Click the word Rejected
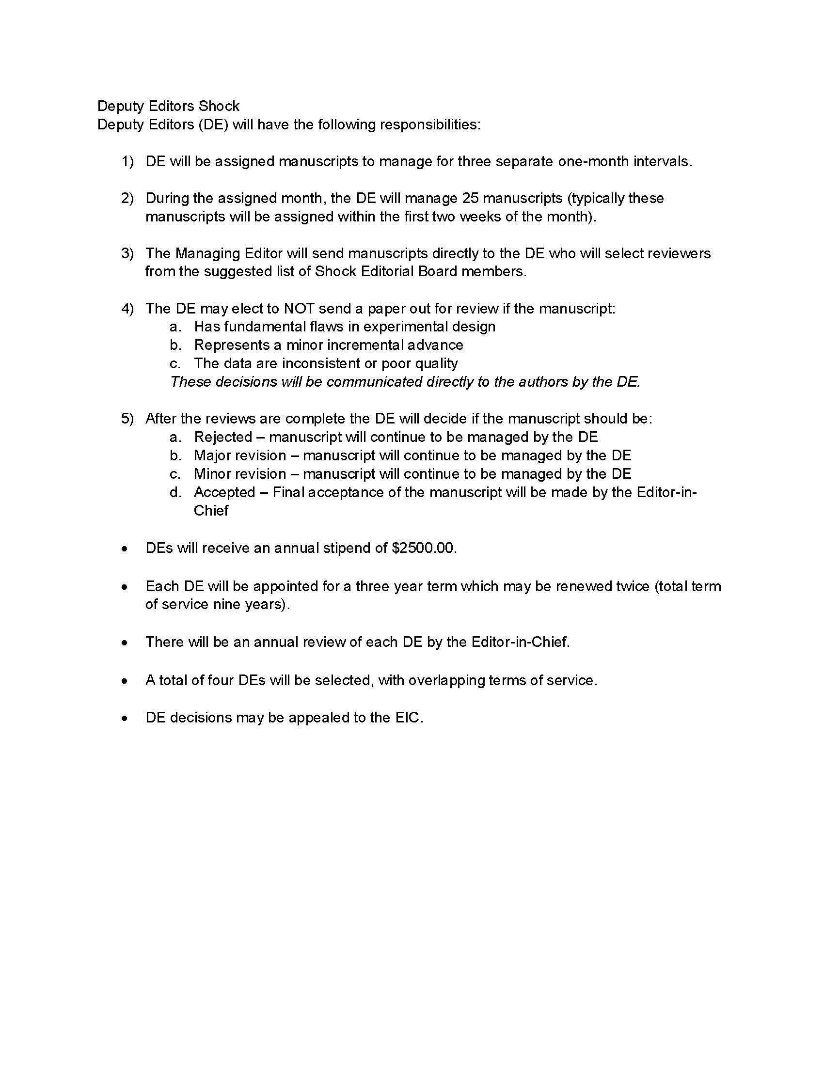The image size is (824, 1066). [223, 437]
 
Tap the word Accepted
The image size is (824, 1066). [224, 492]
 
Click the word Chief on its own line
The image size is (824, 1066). [211, 511]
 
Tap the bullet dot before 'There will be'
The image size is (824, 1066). [126, 643]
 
